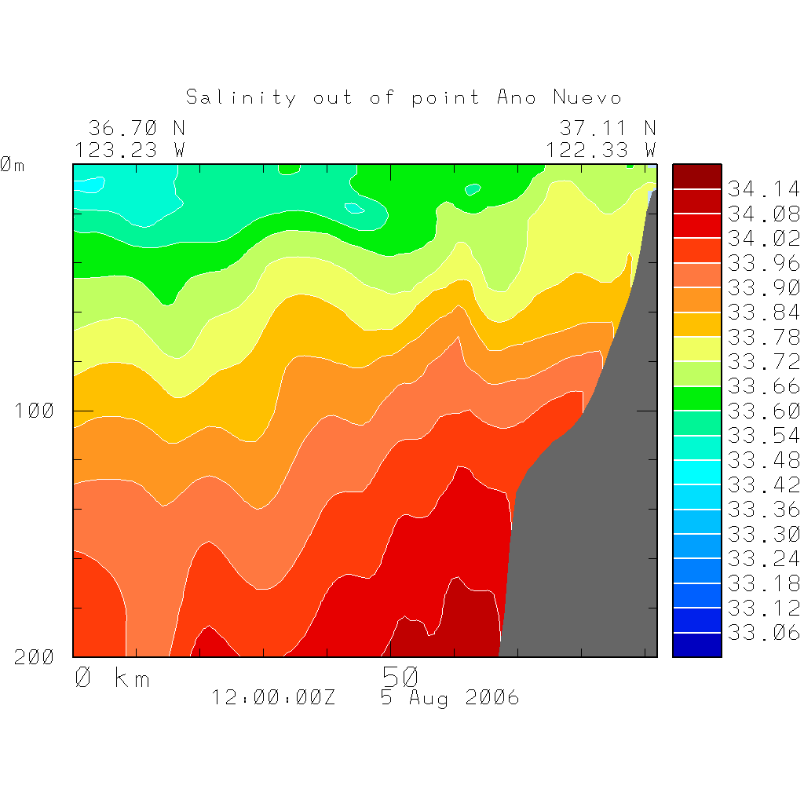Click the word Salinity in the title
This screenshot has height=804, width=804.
[x=241, y=97]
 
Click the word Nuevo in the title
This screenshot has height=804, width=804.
[x=587, y=97]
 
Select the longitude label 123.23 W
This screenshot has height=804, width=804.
[x=130, y=149]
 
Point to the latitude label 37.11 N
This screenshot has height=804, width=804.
[x=608, y=127]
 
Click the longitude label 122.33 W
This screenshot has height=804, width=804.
[x=601, y=149]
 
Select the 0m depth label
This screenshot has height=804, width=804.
[x=13, y=165]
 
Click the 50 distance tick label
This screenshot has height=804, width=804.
[x=400, y=676]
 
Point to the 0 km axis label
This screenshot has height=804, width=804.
[x=112, y=678]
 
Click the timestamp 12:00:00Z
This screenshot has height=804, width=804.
[x=273, y=697]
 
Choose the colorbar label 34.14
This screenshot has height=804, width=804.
[x=763, y=189]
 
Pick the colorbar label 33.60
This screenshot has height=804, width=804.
[x=763, y=411]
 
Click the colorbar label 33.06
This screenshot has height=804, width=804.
[x=763, y=632]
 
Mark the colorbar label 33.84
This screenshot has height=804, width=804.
[x=763, y=312]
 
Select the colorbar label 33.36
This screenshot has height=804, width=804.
[x=763, y=509]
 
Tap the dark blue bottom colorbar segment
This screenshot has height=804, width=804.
[x=696, y=645]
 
